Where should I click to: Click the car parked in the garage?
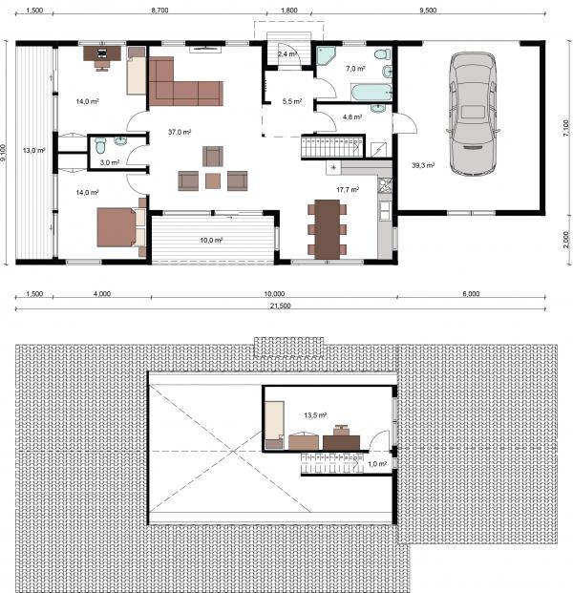click(473, 114)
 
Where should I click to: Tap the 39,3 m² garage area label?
click(423, 165)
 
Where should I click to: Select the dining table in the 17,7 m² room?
click(328, 229)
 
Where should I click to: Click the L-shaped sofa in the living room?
click(181, 85)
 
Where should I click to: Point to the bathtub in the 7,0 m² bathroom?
click(371, 93)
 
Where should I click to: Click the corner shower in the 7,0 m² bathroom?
click(326, 55)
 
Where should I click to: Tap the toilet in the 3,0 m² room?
click(100, 145)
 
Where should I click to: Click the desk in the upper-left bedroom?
click(102, 53)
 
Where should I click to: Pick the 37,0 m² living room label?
click(180, 132)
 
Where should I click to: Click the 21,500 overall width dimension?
click(280, 306)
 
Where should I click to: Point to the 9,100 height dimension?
click(4, 153)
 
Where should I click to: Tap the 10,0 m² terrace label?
click(211, 240)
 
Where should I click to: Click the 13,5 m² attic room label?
click(315, 415)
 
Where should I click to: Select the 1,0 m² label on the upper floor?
click(377, 464)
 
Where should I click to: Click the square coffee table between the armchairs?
click(213, 180)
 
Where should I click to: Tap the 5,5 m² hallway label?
click(292, 101)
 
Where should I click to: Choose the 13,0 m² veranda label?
click(34, 151)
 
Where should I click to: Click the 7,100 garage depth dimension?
click(565, 128)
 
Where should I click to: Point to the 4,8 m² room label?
click(352, 117)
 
